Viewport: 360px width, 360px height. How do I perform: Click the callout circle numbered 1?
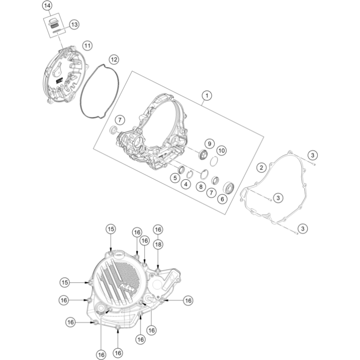point(207,95)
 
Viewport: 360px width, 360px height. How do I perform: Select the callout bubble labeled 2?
point(262,168)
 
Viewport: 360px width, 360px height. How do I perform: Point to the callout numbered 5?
point(174,178)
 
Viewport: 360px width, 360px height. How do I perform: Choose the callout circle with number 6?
point(223,198)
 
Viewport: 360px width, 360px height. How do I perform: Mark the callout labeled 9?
point(209,143)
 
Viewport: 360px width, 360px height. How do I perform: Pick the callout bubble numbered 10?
point(221,150)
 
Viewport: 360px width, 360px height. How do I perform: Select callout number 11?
point(87,45)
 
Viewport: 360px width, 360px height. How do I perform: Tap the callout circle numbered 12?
point(113,60)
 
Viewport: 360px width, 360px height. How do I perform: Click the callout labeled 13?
point(74,24)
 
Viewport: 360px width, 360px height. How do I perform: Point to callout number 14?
point(47,6)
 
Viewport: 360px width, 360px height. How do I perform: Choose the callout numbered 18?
point(158,245)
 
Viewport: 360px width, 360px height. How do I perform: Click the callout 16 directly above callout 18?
point(158,229)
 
